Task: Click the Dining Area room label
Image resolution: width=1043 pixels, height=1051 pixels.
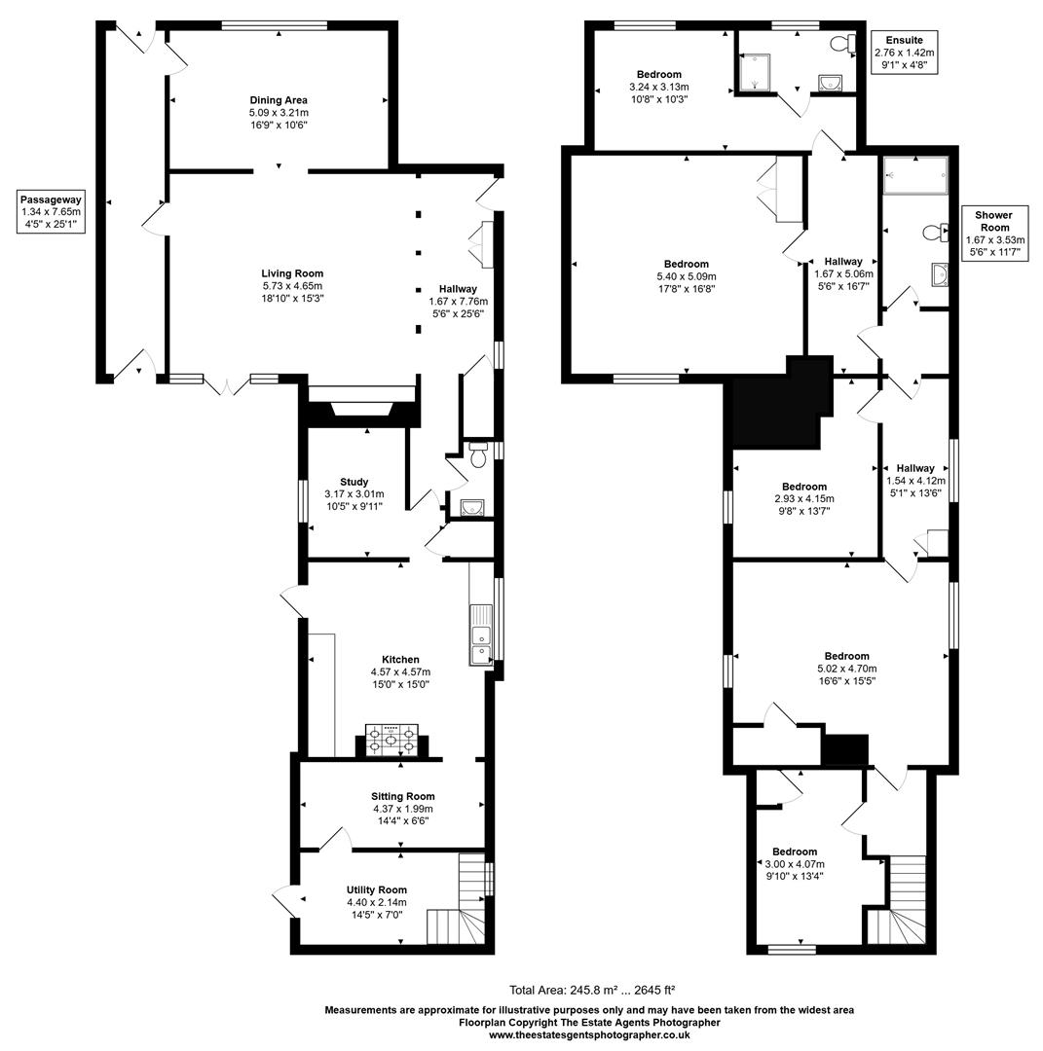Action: click(279, 100)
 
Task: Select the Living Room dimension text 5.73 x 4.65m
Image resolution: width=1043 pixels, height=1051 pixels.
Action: click(291, 286)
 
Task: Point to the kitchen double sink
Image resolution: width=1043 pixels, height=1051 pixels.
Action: click(481, 634)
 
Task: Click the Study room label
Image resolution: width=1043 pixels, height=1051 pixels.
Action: click(354, 482)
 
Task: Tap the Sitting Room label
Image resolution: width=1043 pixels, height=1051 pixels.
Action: click(402, 796)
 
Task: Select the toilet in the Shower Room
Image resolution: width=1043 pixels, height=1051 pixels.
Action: click(936, 232)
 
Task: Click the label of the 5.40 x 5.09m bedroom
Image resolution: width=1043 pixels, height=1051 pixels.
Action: click(686, 264)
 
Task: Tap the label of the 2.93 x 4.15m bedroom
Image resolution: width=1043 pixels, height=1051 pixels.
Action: click(803, 487)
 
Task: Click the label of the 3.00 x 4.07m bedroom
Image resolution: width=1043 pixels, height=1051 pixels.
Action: click(795, 852)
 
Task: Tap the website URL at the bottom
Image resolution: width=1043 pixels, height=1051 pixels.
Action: click(589, 1035)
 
